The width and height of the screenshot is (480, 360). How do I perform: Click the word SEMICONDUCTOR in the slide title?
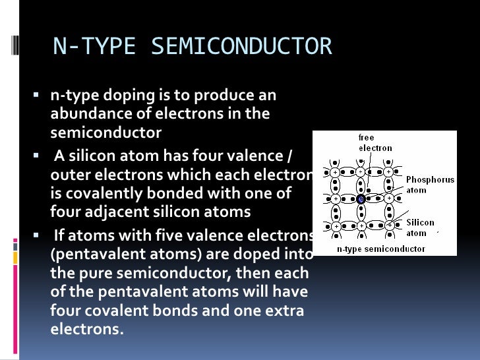click(x=242, y=47)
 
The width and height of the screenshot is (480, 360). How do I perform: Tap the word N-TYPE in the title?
click(x=96, y=47)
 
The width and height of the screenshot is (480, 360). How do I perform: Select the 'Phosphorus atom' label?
click(x=430, y=185)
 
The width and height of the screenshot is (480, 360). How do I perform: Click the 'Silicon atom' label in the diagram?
click(x=420, y=227)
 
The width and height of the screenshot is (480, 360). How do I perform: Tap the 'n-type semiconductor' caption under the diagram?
click(x=381, y=249)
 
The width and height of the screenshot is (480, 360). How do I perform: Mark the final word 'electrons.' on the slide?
click(x=87, y=328)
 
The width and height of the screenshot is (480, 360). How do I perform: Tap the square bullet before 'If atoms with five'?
click(x=37, y=235)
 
